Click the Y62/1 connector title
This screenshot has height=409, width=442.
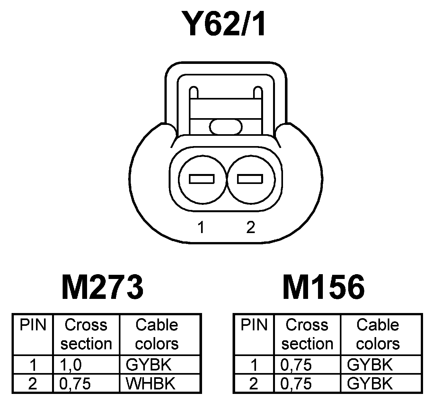[224, 24]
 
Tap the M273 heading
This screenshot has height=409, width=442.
[102, 287]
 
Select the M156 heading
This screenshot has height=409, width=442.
[323, 287]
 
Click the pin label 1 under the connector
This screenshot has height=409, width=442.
[201, 228]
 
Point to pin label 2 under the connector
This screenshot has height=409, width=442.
[251, 228]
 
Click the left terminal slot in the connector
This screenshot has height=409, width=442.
[202, 179]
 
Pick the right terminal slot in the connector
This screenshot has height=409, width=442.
[250, 179]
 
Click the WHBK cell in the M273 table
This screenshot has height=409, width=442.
[150, 383]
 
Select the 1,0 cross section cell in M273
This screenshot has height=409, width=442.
[71, 365]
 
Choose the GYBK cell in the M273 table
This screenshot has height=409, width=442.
[149, 365]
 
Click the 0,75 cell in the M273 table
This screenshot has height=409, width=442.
[75, 383]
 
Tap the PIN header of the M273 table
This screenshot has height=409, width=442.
[33, 325]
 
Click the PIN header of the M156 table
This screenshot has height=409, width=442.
[254, 325]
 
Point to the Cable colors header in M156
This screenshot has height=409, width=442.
[378, 334]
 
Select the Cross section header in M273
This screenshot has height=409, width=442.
[86, 334]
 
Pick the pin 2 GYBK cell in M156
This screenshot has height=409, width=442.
[370, 383]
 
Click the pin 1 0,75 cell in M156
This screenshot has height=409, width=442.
[296, 365]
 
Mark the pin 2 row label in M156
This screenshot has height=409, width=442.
[254, 383]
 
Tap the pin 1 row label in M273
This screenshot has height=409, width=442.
[33, 365]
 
